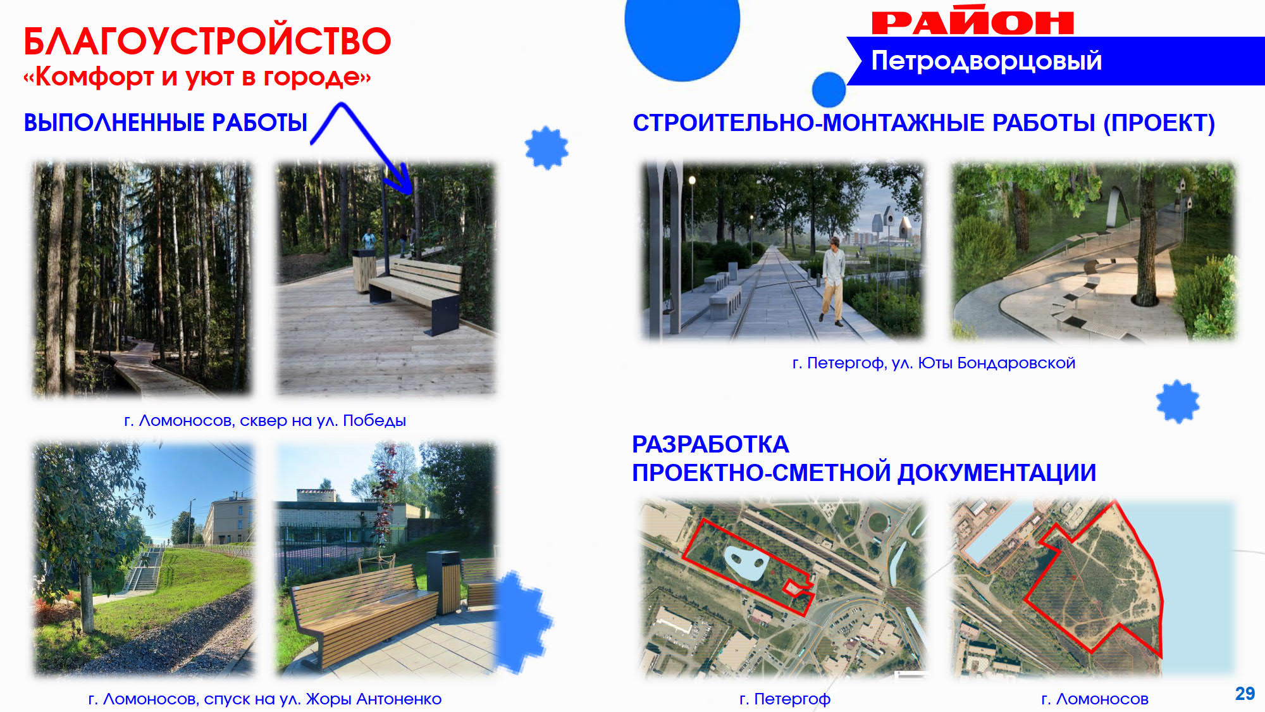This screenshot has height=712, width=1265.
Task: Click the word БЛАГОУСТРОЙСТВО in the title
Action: pyautogui.click(x=207, y=42)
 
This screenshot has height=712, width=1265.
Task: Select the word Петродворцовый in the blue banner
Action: pyautogui.click(x=987, y=61)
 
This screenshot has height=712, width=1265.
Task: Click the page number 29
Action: pyautogui.click(x=1245, y=694)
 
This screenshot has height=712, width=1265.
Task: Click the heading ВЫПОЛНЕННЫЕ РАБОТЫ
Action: pyautogui.click(x=166, y=123)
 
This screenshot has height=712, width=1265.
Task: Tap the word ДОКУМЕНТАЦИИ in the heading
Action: pyautogui.click(x=997, y=473)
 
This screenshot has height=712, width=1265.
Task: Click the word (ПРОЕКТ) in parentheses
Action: pyautogui.click(x=1159, y=123)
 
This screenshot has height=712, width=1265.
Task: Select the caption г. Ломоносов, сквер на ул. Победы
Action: pyautogui.click(x=265, y=421)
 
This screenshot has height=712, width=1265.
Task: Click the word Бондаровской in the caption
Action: pyautogui.click(x=1016, y=363)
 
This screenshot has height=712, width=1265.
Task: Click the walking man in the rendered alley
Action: pyautogui.click(x=834, y=280)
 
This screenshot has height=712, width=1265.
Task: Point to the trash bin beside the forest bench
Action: pyautogui.click(x=364, y=270)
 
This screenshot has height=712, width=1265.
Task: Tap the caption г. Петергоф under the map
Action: pyautogui.click(x=785, y=699)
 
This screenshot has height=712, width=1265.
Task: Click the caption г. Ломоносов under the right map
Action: pyautogui.click(x=1095, y=699)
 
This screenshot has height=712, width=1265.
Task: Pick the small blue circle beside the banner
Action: pyautogui.click(x=829, y=89)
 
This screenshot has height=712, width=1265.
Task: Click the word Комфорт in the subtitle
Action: pyautogui.click(x=94, y=77)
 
